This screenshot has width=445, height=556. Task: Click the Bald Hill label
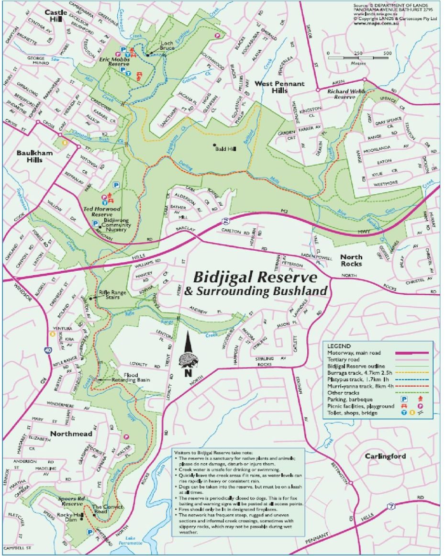227,149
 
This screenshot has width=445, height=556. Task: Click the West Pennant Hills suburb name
279,87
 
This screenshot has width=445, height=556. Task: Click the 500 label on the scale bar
388,53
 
